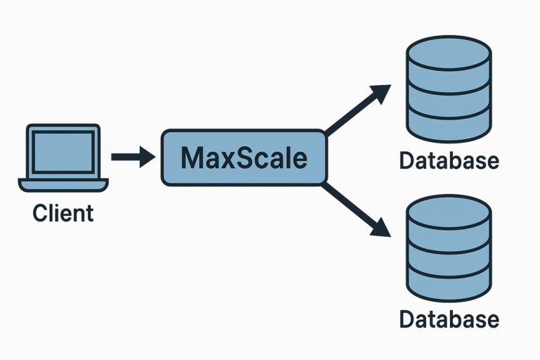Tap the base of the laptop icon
coord(63,185)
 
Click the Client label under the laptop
coord(63,212)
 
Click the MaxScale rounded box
coord(244,157)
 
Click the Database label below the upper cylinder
coord(449,161)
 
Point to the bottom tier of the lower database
coord(449,285)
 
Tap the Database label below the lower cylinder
coord(449,320)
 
